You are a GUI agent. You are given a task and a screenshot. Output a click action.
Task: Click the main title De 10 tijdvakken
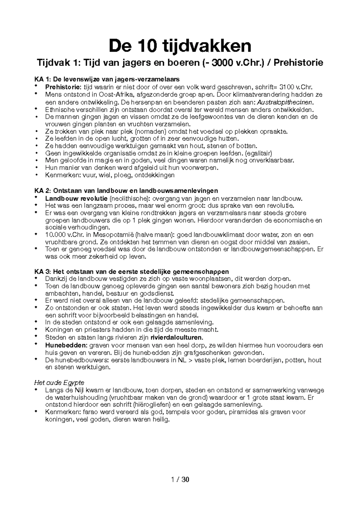pos(180,46)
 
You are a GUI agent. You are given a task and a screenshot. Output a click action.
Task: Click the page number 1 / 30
pos(180,479)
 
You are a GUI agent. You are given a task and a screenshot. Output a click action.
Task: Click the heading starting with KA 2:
pos(126,191)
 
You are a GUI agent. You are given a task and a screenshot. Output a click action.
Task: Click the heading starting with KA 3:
pos(131,272)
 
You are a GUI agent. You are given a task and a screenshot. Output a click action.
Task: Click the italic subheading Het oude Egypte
pos(59,383)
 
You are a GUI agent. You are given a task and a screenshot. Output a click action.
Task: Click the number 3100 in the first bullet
pos(286,87)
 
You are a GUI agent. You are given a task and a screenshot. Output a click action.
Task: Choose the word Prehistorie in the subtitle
pos(298,63)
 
